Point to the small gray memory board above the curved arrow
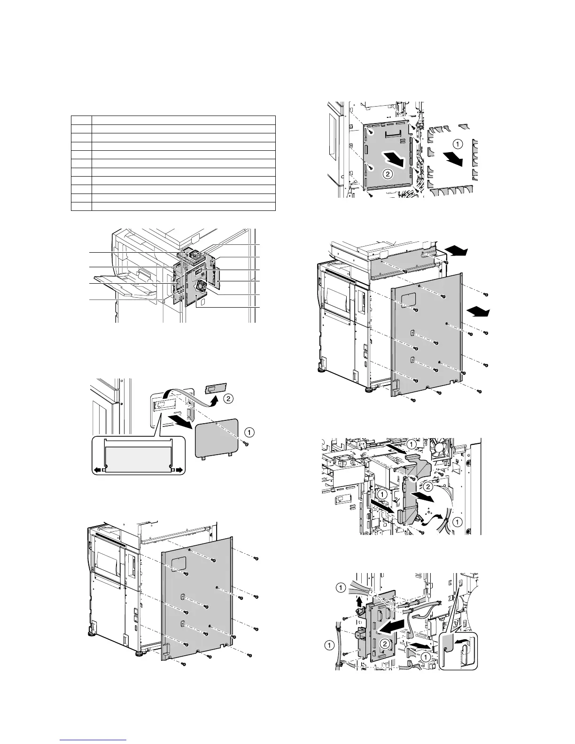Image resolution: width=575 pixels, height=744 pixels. coord(215,387)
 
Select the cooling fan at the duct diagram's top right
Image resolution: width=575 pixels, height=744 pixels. coord(440,449)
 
